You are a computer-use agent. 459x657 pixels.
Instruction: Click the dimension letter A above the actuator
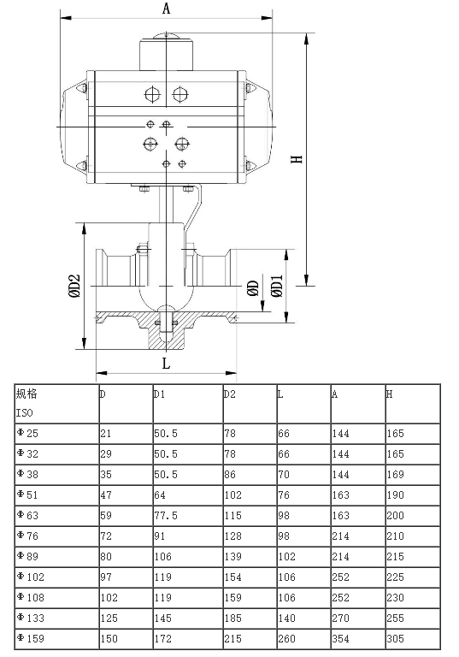point(167,9)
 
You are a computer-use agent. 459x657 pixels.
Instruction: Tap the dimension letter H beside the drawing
point(297,159)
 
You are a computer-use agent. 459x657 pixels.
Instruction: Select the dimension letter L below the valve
point(166,363)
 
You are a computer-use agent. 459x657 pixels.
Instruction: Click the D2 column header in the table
point(229,394)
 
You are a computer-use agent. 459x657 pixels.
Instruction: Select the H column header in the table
point(390,394)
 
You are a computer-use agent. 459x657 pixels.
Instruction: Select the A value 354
point(341,637)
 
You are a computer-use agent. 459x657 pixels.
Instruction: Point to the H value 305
point(395,637)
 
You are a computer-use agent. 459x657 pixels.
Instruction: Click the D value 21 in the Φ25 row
point(105,433)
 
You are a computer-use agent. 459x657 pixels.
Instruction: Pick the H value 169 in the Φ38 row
point(395,474)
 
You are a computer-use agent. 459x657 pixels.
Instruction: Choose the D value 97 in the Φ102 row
point(105,576)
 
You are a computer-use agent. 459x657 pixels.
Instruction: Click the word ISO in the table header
point(23,412)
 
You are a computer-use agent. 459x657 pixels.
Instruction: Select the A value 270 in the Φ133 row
point(341,617)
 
